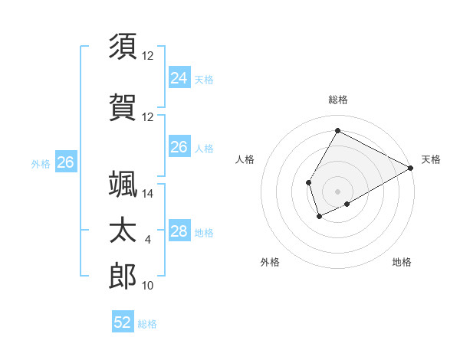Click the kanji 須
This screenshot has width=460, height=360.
pos(123,45)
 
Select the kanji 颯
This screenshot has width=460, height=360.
pos(123,185)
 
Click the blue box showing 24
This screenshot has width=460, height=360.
pos(179,78)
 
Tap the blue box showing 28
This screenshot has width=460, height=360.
pos(179,231)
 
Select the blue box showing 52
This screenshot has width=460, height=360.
pos(123,322)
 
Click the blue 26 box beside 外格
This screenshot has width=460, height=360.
pos(65,162)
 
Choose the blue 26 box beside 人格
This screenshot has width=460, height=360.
pos(179,147)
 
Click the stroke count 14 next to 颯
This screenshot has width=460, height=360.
pos(148,194)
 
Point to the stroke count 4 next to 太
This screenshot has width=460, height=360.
pos(148,240)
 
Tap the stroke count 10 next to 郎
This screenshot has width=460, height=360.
pos(148,286)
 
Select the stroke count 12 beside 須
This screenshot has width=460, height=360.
pos(148,56)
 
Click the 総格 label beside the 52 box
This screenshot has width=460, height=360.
pos(148,324)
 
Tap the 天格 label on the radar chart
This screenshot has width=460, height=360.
pos(431,159)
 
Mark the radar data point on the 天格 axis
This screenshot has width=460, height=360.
pos(411,168)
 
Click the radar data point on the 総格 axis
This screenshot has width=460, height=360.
pos(337,131)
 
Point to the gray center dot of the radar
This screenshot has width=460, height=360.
pos(337,191)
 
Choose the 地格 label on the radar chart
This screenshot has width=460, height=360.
pos(402,262)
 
